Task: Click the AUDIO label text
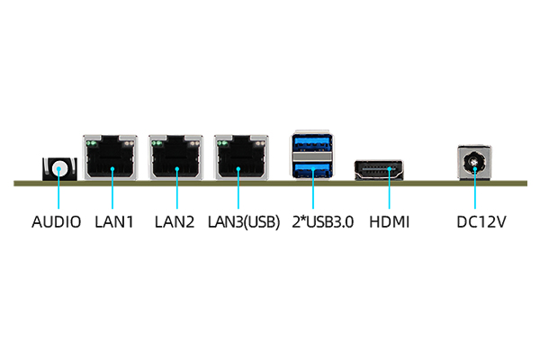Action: (56, 220)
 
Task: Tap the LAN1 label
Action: (113, 220)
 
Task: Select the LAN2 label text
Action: (175, 220)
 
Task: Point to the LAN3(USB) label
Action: (243, 220)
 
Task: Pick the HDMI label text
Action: (390, 220)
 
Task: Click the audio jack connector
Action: (59, 168)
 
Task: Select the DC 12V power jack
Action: (474, 164)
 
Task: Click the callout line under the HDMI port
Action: (389, 193)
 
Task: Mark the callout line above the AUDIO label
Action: (58, 193)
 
